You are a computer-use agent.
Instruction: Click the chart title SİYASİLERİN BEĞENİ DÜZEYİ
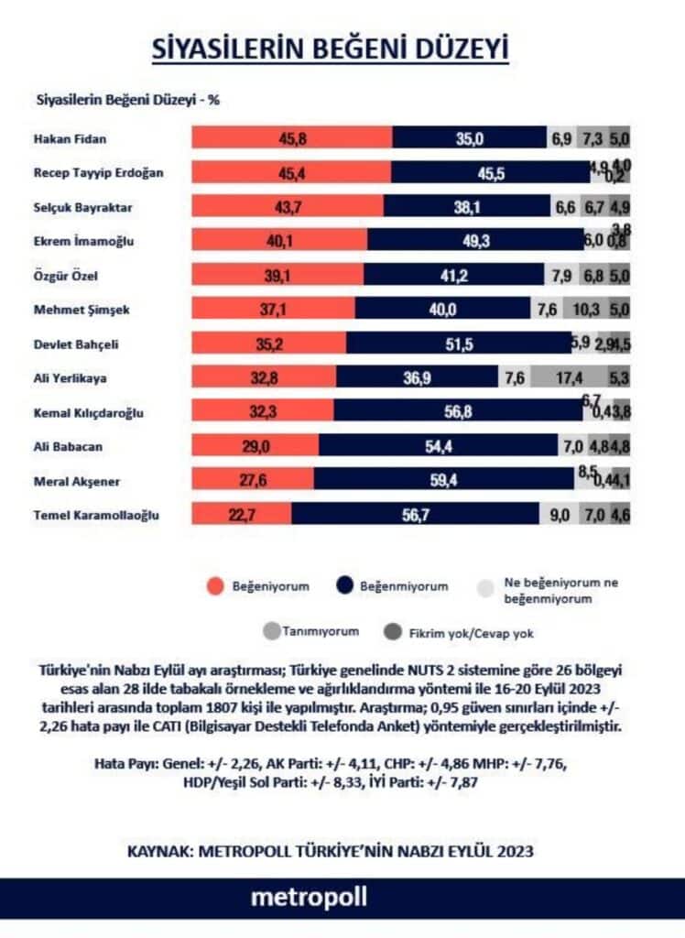[330, 49]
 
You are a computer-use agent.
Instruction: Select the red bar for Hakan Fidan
[291, 136]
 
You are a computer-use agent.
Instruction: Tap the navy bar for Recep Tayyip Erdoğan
[490, 172]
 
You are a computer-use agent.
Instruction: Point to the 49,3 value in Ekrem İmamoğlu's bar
[480, 241]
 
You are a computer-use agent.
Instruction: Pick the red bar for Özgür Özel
[278, 275]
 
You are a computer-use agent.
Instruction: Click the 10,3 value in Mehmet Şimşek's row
[587, 310]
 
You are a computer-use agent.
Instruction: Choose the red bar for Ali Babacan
[255, 446]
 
